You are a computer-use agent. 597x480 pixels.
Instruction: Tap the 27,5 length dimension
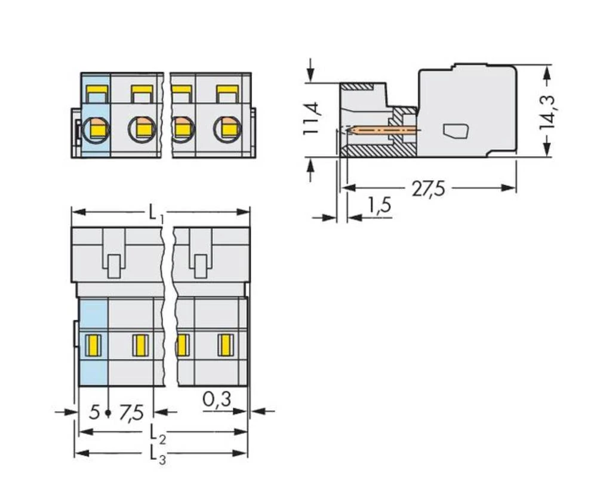pos(428,189)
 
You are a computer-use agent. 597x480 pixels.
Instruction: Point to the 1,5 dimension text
pos(378,206)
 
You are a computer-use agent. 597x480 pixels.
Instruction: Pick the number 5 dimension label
pos(94,412)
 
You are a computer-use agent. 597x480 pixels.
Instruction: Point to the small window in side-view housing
pos(456,131)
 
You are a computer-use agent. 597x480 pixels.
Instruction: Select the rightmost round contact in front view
pos(227,128)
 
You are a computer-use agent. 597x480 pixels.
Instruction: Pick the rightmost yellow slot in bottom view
pos(226,345)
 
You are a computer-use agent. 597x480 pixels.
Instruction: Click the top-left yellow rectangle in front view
pos(97,93)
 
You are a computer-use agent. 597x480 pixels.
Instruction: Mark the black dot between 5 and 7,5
pos(107,413)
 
